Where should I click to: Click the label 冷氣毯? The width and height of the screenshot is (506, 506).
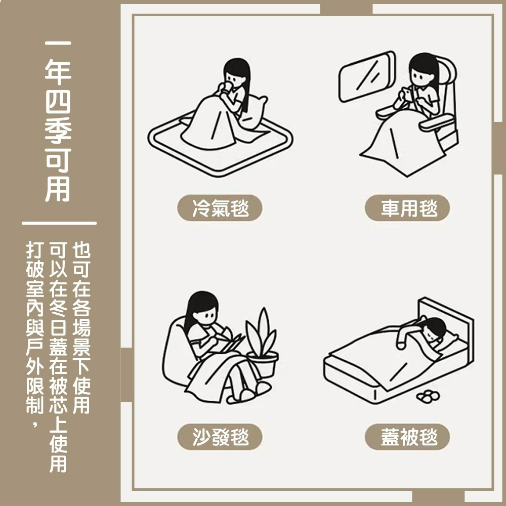point(220,208)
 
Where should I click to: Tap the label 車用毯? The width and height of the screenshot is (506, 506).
point(407,208)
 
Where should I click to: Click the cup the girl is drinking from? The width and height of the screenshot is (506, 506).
point(226,90)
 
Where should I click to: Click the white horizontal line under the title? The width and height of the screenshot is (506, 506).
point(59,223)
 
